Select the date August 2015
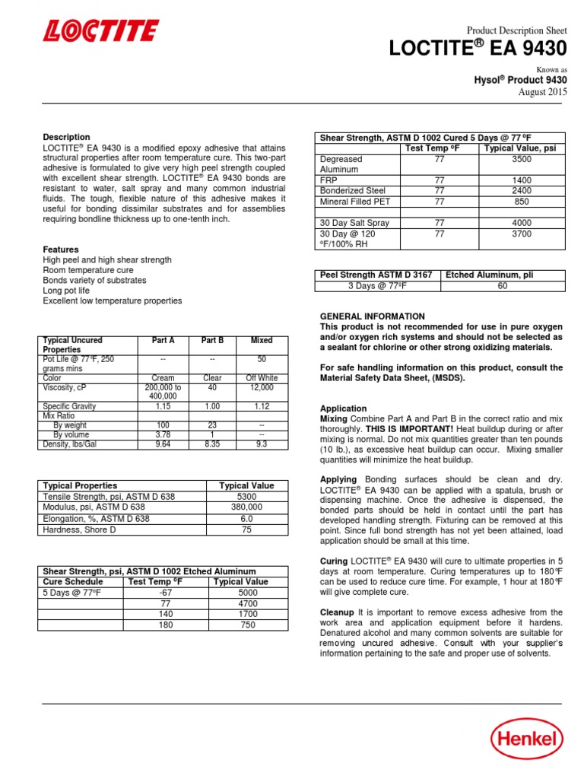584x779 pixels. [542, 92]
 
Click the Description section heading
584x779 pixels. [66, 137]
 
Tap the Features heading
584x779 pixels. [61, 250]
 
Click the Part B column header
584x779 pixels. [212, 340]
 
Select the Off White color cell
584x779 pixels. [262, 377]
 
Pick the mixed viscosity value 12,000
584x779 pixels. [262, 387]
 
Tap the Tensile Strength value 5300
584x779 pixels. [246, 496]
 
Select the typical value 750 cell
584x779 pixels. [240, 625]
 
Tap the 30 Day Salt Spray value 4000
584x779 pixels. [522, 223]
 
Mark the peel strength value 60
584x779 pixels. [502, 286]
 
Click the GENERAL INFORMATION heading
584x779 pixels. [372, 316]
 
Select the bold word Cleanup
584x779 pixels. [337, 612]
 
